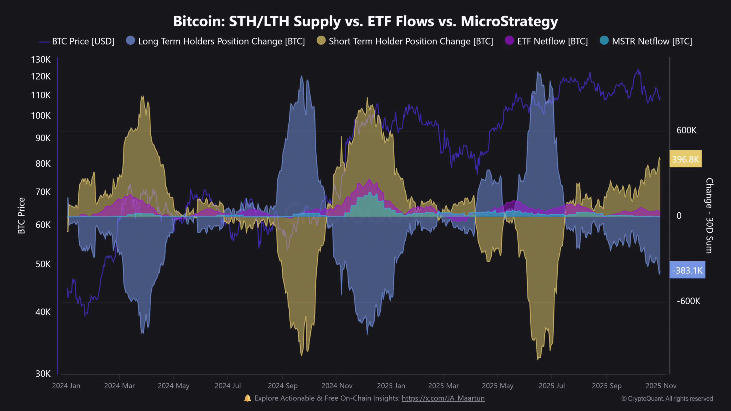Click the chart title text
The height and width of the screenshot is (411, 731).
click(x=365, y=21)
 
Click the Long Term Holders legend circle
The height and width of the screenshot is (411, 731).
click(x=130, y=41)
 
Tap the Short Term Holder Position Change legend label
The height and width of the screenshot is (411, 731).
click(x=411, y=41)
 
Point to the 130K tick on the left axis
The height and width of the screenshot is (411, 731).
click(x=41, y=60)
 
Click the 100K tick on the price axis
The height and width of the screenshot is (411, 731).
click(x=41, y=116)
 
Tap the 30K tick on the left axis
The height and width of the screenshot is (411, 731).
click(x=43, y=374)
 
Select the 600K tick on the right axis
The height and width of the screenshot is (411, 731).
click(x=686, y=130)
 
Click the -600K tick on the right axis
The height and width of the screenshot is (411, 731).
click(x=688, y=301)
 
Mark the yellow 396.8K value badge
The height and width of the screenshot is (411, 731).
click(x=685, y=159)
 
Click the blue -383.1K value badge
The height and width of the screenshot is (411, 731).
click(x=687, y=270)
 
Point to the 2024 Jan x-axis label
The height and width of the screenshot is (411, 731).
click(x=66, y=386)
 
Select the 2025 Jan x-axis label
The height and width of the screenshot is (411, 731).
click(x=391, y=386)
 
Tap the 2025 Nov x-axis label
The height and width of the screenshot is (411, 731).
click(x=661, y=386)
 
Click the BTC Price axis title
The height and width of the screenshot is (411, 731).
click(x=21, y=215)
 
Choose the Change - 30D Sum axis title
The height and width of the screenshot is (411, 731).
click(x=709, y=215)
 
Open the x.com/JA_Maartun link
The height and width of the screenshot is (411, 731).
click(x=443, y=398)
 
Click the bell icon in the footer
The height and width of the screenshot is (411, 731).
click(x=248, y=398)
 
